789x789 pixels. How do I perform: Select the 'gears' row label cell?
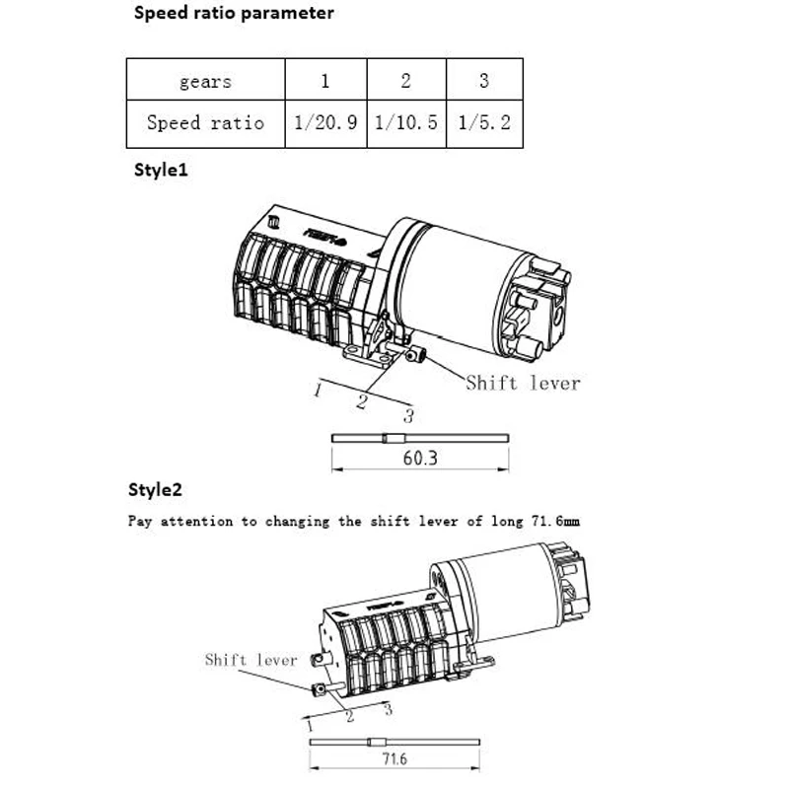[205, 81]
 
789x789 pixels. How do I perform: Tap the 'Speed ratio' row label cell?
[205, 123]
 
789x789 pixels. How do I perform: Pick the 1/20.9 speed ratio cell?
[325, 123]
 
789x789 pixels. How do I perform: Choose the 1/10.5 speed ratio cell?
[406, 123]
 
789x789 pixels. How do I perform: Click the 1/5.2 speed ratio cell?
[483, 123]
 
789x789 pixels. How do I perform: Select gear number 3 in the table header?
[483, 81]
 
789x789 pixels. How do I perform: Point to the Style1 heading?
[161, 170]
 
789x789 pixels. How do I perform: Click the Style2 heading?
[156, 490]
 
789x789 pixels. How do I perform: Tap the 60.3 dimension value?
[419, 458]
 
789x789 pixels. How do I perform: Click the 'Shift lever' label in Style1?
[523, 383]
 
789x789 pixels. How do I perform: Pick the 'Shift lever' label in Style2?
[251, 660]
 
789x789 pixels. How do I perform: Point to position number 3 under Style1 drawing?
[408, 416]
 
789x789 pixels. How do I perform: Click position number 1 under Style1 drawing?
[318, 391]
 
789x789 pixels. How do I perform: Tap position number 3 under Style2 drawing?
[388, 708]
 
